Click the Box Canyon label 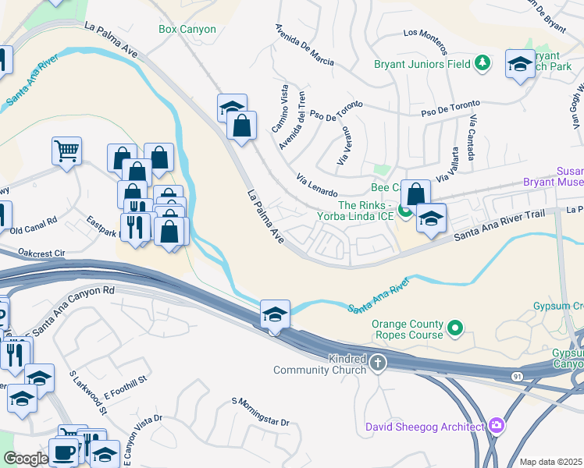click(187, 29)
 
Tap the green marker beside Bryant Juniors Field click(483, 63)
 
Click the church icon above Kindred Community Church click(378, 361)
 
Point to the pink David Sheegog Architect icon click(497, 425)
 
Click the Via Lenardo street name click(317, 186)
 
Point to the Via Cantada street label click(473, 133)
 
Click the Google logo click(26, 459)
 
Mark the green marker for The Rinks click(404, 209)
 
